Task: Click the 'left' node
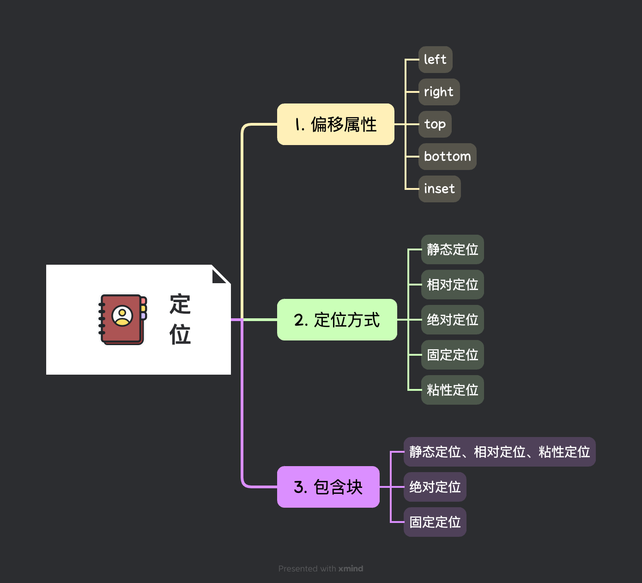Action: pos(435,60)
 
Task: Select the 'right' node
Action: pos(439,92)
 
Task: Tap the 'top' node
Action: pos(435,124)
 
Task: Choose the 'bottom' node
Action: pos(447,157)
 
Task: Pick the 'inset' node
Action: pos(439,189)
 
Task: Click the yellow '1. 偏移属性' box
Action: pos(335,124)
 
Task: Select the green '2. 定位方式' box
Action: pos(337,320)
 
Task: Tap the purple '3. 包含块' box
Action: pos(328,487)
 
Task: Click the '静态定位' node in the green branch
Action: pos(452,249)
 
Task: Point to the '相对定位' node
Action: pos(452,285)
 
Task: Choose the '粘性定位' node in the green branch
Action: pos(452,390)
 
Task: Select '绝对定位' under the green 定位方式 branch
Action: pos(452,320)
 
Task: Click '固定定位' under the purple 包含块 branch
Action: pos(435,522)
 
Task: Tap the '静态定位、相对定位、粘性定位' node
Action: pos(499,452)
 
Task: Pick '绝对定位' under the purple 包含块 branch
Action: pos(435,487)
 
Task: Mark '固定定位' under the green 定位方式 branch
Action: pos(452,355)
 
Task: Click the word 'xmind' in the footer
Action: pos(351,569)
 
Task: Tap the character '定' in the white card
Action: pos(180,304)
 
